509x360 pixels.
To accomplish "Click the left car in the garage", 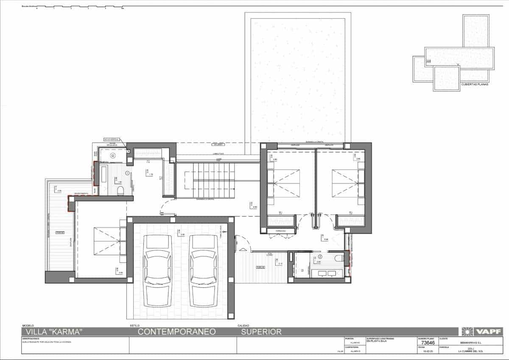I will pyautogui.click(x=157, y=270).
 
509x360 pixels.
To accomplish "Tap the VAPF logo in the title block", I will pyautogui.click(x=482, y=332).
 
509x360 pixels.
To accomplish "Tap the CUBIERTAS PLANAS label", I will pyautogui.click(x=474, y=84).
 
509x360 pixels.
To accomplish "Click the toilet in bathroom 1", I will pyautogui.click(x=120, y=189).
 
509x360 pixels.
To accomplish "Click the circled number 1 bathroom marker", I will pyautogui.click(x=127, y=172).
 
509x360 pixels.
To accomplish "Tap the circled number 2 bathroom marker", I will pyautogui.click(x=320, y=257).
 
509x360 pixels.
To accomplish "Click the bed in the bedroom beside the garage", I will pyautogui.click(x=108, y=241).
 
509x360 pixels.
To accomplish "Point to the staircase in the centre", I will pyautogui.click(x=205, y=180).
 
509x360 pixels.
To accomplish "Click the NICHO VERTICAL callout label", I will pyautogui.click(x=112, y=139).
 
